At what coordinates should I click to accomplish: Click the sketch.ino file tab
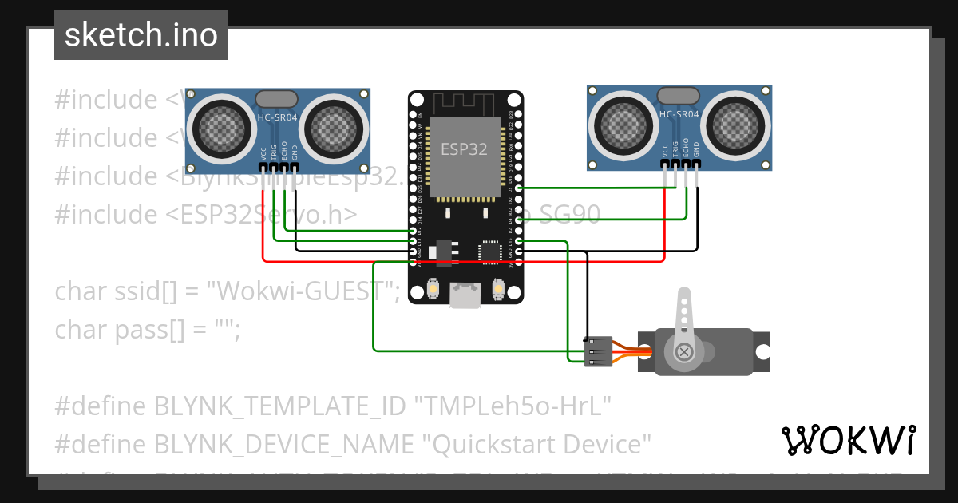coord(141,35)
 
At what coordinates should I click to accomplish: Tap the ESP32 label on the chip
coord(464,149)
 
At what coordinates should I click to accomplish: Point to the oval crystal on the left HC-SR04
coord(277,98)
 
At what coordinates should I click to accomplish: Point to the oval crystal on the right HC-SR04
coord(679,95)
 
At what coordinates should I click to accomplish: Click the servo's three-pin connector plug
coord(598,351)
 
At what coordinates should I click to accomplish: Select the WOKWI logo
coord(848,440)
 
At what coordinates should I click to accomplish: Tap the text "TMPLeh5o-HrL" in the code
coord(511,406)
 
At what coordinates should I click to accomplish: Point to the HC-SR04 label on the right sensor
coord(679,114)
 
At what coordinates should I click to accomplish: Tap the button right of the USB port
coord(498,287)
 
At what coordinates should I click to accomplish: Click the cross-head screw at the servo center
coord(683,351)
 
